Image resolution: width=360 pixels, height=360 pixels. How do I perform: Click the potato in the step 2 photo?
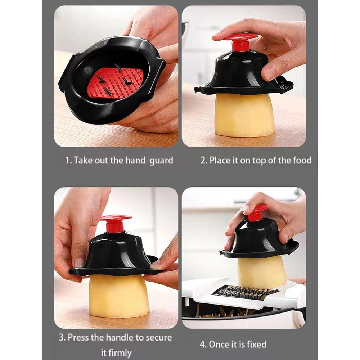(244, 114)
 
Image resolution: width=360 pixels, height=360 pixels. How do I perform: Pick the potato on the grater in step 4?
(262, 271)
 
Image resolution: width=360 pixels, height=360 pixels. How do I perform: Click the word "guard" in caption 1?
(161, 161)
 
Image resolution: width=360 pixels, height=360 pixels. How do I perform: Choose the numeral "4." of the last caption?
(203, 345)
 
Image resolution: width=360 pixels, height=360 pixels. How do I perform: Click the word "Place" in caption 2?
(217, 160)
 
